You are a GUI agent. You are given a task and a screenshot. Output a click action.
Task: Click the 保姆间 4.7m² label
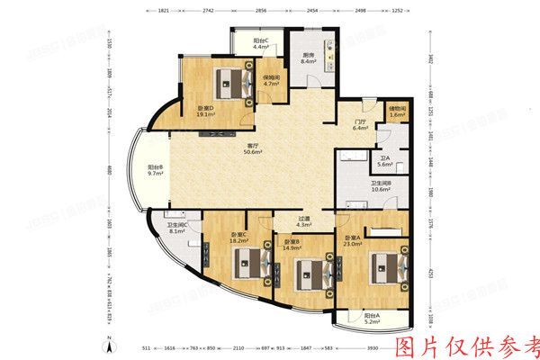(271, 82)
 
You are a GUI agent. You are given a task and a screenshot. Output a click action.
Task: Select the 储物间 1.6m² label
(397, 112)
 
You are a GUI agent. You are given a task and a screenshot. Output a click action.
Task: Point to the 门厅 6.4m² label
(360, 124)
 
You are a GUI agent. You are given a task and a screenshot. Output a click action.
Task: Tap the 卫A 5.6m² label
(384, 161)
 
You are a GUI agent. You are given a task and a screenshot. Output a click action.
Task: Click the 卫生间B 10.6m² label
(380, 185)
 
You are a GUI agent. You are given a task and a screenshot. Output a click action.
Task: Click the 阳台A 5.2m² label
(372, 319)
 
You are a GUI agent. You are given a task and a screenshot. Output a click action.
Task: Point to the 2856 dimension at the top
(261, 12)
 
